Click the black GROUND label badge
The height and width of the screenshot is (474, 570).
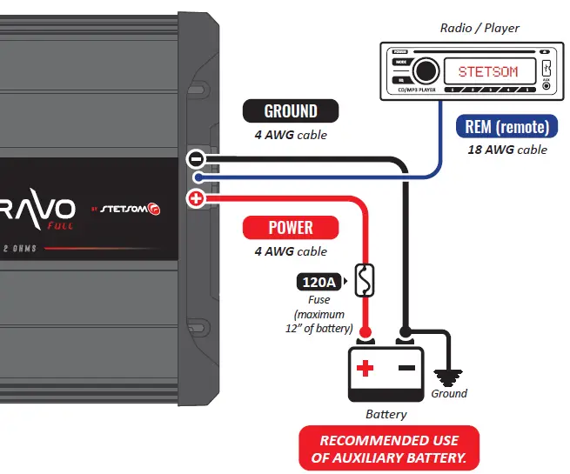tap(290, 111)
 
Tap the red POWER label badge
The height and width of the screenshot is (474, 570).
tap(290, 228)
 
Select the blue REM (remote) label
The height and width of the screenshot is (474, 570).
tap(506, 127)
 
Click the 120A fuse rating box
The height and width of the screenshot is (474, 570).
tap(320, 281)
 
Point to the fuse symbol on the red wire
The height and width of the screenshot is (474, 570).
tap(366, 281)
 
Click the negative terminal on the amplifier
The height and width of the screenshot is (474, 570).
tap(196, 159)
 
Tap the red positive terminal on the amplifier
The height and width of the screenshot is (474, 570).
tap(196, 200)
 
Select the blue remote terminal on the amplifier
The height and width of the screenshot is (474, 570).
tap(198, 179)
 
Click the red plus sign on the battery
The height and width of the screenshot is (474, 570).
tap(365, 369)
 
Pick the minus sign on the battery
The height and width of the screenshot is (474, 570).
tap(406, 369)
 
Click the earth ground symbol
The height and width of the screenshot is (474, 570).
tap(449, 375)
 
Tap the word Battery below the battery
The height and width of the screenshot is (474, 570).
tap(386, 415)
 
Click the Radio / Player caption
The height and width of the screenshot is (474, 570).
tap(479, 28)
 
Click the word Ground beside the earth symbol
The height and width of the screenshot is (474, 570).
tap(449, 394)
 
